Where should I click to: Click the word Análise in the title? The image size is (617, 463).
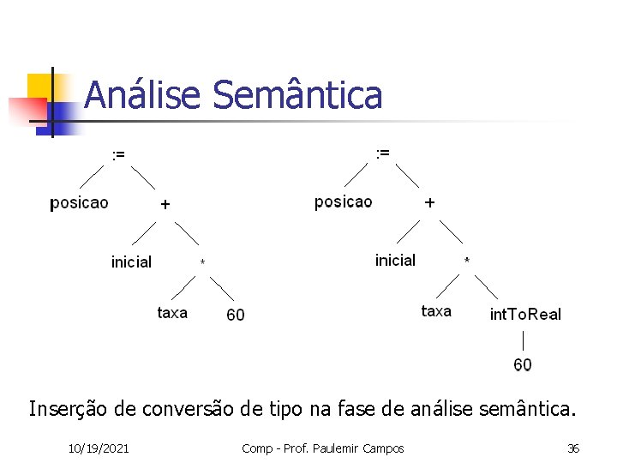[144, 95]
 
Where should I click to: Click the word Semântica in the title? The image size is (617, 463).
[297, 95]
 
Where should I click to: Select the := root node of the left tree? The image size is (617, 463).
[118, 154]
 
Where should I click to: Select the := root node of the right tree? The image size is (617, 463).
[382, 153]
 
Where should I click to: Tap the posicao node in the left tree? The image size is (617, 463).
[79, 203]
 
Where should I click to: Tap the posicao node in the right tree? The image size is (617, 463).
[343, 201]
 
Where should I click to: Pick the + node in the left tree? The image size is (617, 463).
[165, 205]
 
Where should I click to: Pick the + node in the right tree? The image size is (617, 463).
[429, 203]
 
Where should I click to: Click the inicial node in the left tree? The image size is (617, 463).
[131, 262]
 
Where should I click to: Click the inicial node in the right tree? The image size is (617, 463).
[395, 260]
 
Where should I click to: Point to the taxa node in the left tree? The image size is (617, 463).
[172, 313]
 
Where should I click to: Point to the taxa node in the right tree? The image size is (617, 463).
[436, 311]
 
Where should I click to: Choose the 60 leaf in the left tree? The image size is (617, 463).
[235, 315]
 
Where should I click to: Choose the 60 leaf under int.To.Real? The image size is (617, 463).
[523, 364]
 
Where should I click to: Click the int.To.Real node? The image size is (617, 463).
[525, 315]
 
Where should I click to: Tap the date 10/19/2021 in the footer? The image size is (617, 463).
[99, 448]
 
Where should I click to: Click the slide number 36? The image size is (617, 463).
[573, 448]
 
